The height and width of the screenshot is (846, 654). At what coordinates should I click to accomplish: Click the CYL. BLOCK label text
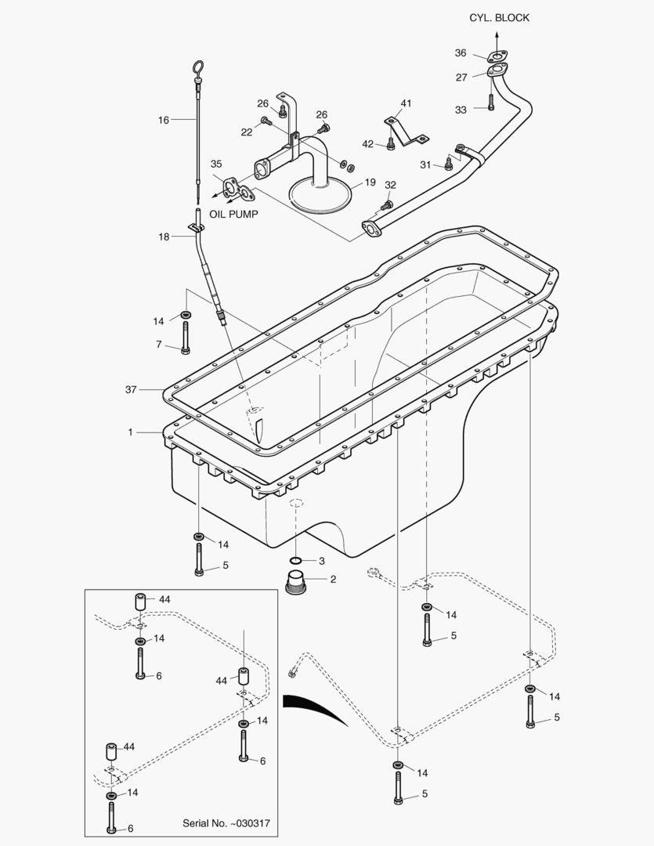pyautogui.click(x=499, y=18)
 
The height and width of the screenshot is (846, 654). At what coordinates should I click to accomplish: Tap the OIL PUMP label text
pyautogui.click(x=233, y=213)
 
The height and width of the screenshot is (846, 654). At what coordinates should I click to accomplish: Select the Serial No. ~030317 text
pyautogui.click(x=226, y=823)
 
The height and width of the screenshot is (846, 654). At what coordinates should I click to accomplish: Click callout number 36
pyautogui.click(x=461, y=53)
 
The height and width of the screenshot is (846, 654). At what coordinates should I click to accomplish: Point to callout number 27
pyautogui.click(x=461, y=78)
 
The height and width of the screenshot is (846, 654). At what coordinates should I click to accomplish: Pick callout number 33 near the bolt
pyautogui.click(x=461, y=110)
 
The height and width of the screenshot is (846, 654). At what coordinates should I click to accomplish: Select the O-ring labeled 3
pyautogui.click(x=295, y=561)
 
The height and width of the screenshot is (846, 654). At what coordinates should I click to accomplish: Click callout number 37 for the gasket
pyautogui.click(x=132, y=389)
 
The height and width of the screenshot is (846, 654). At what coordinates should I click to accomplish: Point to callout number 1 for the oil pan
pyautogui.click(x=132, y=432)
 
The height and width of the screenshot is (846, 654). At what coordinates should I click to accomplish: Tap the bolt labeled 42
pyautogui.click(x=390, y=143)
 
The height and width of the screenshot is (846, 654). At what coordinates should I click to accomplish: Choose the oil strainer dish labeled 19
pyautogui.click(x=321, y=193)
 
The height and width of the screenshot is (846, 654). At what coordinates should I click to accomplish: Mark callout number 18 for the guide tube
pyautogui.click(x=164, y=236)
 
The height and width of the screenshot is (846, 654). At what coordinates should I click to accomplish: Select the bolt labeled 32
pyautogui.click(x=386, y=206)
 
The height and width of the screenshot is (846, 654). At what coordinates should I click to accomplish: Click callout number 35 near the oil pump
pyautogui.click(x=216, y=164)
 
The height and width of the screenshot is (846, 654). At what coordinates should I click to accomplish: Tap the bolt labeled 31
pyautogui.click(x=449, y=163)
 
